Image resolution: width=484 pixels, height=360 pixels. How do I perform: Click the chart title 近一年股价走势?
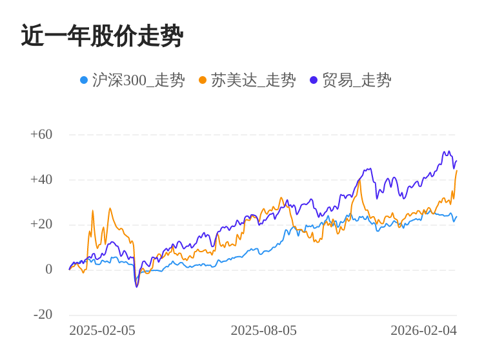pos(102,36)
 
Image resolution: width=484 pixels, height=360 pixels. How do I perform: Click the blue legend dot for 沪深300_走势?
pos(84,80)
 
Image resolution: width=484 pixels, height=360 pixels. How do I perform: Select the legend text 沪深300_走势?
pos(138,80)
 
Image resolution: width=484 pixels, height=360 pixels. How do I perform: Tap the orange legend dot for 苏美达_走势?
pos(203,80)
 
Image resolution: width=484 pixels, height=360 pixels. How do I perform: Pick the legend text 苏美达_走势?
pos(253,80)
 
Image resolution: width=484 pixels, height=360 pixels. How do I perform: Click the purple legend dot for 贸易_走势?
pos(314,80)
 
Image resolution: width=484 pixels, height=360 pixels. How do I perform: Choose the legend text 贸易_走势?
pos(356,80)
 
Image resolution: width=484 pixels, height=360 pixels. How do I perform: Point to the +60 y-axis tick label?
pos(41,135)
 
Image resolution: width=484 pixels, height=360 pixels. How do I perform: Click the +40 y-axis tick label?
pos(41,180)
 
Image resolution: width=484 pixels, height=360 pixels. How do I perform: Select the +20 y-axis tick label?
pos(41,225)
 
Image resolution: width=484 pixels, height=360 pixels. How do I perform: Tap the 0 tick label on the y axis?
pos(48,270)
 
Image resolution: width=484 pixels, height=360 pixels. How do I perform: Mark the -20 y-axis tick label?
pos(43,315)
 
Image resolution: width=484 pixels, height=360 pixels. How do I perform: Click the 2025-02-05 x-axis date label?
pos(102,331)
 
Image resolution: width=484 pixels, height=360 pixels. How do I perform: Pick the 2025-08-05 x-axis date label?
pos(263,331)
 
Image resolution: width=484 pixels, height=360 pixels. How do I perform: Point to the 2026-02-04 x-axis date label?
pos(423,331)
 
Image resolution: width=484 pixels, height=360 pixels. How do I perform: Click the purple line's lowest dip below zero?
pos(137,286)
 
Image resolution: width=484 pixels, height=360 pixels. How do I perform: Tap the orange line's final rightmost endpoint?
pos(457,171)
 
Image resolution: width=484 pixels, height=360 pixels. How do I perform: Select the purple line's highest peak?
pos(445,152)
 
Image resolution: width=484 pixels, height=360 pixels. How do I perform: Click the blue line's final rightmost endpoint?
pos(457,216)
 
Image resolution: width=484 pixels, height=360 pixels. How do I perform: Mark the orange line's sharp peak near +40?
pos(359,181)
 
